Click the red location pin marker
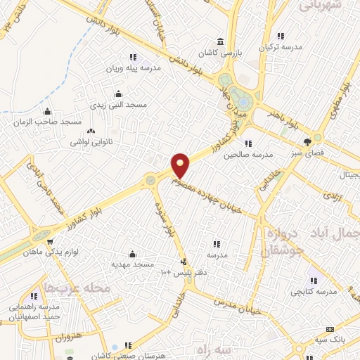(x=181, y=165)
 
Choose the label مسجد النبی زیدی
(x=117, y=104)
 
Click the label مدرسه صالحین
(x=247, y=155)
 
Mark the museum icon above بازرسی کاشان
(x=221, y=42)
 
